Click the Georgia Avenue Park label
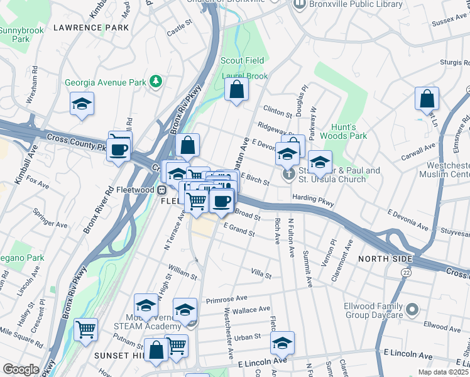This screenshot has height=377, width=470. tap(105, 82)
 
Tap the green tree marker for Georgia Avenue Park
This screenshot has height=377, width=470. tap(155, 82)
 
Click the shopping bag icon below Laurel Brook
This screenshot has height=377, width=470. tap(236, 89)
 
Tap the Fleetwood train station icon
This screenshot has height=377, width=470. tap(161, 190)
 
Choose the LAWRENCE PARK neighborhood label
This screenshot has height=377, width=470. tap(91, 28)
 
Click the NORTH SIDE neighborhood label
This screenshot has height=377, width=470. tap(385, 259)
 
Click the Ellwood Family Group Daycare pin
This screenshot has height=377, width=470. tap(412, 309)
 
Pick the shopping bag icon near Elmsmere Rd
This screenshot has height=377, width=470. tap(427, 99)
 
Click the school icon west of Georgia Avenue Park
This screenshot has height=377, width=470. tap(82, 104)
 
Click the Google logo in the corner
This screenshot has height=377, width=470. tap(21, 369)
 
